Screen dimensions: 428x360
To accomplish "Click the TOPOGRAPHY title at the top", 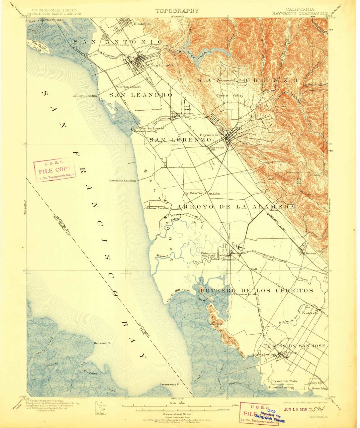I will point(177,11).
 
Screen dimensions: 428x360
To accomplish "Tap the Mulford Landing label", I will point(85,96).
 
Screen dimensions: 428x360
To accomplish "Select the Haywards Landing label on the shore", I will point(122,181).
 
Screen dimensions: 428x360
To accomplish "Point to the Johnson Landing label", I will point(158,208).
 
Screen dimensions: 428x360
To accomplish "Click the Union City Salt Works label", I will point(208,254).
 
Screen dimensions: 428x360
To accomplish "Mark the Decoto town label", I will point(311,254).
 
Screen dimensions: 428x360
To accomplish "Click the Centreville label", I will point(310,313).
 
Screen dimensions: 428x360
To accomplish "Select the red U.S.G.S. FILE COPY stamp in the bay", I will point(55,170).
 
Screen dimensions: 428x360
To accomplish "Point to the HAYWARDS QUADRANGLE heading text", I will point(300,14).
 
